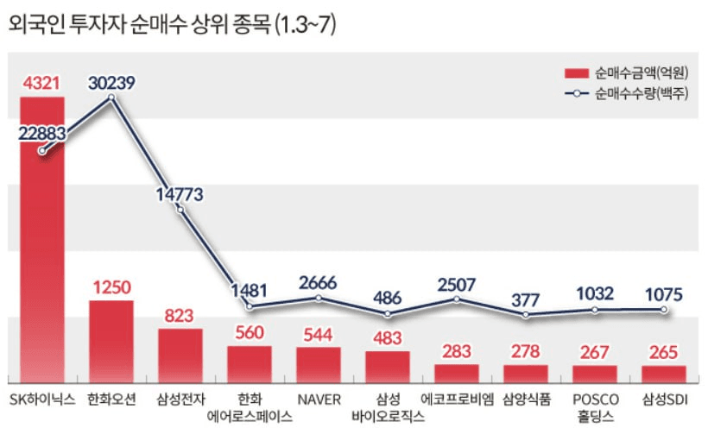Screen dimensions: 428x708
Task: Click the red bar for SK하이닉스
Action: [41, 242]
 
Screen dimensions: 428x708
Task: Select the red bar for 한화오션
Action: [111, 342]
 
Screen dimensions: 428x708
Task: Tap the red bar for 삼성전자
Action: [180, 356]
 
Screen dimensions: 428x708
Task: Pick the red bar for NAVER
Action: [318, 365]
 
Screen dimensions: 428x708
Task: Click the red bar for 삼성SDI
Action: [663, 374]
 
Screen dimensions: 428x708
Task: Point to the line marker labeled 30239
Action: [111, 98]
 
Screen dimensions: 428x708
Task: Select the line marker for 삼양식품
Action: [526, 315]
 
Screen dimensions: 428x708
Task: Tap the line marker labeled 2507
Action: [457, 299]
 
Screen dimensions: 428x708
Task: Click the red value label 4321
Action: [41, 84]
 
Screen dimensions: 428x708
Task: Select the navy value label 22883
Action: [41, 131]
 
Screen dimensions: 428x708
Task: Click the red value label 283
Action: [456, 351]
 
